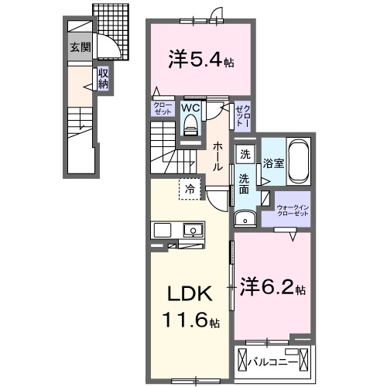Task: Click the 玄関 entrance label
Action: pos(80,47)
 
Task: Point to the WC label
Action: pos(190,109)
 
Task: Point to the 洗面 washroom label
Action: pos(243,184)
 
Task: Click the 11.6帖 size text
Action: pos(188,320)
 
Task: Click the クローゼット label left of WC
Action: pos(163,108)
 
